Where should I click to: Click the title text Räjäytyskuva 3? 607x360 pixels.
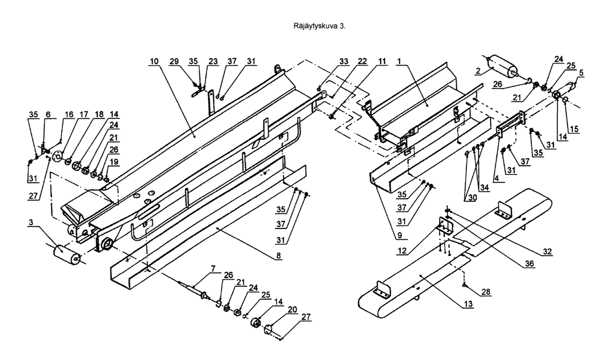(320, 26)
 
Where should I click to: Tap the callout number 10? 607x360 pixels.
(154, 61)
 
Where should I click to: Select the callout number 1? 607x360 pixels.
(399, 61)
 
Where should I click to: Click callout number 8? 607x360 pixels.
(279, 255)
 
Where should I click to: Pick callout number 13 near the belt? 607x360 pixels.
(468, 304)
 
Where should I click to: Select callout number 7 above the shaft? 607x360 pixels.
(213, 268)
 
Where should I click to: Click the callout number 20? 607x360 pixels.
(292, 309)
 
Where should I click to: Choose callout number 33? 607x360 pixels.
(344, 61)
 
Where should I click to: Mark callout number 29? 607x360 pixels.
(174, 61)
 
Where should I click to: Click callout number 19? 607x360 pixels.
(114, 162)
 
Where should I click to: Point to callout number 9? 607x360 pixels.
(400, 235)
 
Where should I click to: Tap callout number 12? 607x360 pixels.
(402, 251)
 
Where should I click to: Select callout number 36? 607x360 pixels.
(530, 263)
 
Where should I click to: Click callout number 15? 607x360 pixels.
(574, 129)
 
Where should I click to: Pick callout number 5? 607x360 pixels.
(581, 73)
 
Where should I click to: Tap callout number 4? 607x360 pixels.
(497, 178)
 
